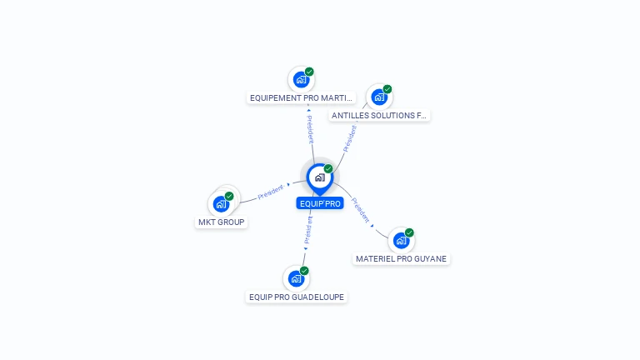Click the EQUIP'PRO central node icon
coord(319,177)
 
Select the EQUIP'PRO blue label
coord(320,203)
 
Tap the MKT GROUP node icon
coord(221,203)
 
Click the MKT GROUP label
coord(222,222)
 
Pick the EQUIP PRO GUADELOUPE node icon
coord(296,278)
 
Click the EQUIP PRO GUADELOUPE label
coord(297,297)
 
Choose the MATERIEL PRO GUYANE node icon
coord(401,241)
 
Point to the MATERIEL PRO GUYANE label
coord(402,259)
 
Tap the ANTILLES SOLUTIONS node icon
coord(379,97)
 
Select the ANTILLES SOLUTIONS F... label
coord(379,116)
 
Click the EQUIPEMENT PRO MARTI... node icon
coord(301,80)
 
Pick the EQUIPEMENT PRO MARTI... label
coord(302,98)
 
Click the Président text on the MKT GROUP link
coord(271,192)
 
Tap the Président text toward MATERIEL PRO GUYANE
coord(361,209)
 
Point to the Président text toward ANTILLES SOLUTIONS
coord(350,138)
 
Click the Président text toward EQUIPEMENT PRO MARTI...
coord(310,129)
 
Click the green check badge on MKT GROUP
coord(229,196)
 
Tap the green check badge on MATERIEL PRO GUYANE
coord(409,232)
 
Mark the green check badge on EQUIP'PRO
coord(328,169)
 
